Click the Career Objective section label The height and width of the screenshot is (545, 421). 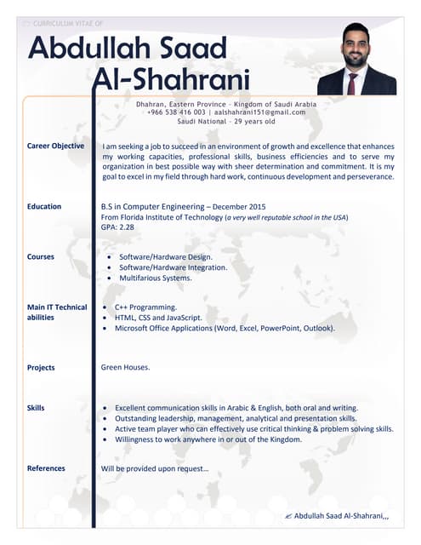(x=55, y=146)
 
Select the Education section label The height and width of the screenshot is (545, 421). (x=44, y=206)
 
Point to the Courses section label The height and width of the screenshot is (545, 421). (x=41, y=256)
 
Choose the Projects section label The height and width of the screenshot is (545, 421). (x=41, y=368)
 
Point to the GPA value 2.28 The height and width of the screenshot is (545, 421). (x=127, y=227)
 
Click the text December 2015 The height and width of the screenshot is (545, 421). (x=239, y=207)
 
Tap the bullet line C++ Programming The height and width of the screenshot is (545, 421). (x=145, y=307)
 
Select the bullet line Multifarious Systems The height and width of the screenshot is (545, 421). (x=156, y=278)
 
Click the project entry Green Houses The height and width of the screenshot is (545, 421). (x=126, y=367)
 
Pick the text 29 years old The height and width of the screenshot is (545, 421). (x=250, y=122)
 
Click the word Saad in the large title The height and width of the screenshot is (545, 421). (x=191, y=48)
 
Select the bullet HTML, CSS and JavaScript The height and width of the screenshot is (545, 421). (x=161, y=317)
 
